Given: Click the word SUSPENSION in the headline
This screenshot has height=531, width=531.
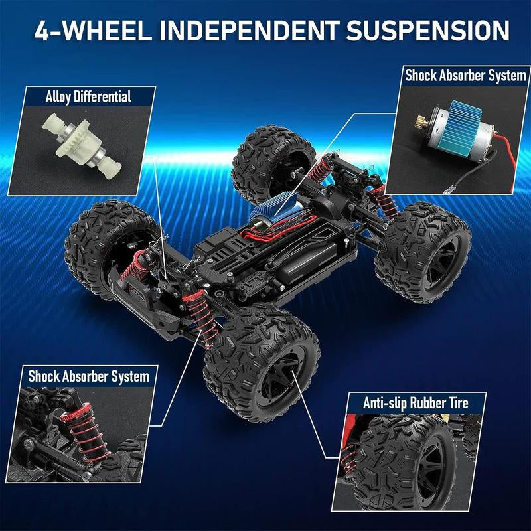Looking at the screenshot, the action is pos(427,31).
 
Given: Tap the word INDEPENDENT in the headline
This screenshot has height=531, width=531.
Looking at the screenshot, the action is pos(250,31).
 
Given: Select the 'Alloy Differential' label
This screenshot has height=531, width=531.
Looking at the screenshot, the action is pos(88,97).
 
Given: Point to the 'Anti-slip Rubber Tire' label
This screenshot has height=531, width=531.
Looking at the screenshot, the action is pos(416,403).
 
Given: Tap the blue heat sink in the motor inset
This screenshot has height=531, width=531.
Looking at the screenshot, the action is pos(465,128).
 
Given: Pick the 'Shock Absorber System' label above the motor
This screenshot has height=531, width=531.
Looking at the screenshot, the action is pos(466,76).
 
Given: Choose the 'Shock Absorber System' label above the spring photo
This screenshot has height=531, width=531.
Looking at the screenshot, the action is pos(89,376).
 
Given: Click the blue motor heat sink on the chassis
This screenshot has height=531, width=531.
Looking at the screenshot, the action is pos(271,206).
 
